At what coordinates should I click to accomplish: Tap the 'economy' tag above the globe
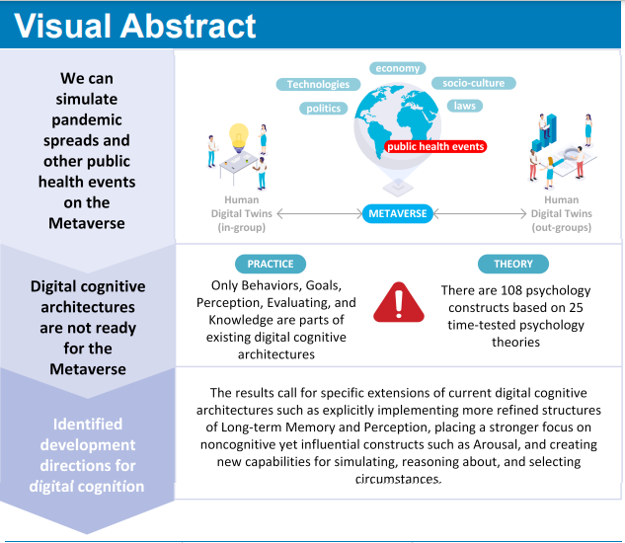tap(398, 68)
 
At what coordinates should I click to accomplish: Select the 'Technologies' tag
tap(318, 85)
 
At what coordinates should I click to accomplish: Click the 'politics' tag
tap(324, 109)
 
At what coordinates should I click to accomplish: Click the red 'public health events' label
tap(435, 146)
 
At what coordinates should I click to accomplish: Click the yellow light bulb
tap(237, 134)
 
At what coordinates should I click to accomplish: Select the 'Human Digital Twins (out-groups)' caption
tap(561, 213)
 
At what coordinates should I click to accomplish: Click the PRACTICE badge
tap(270, 264)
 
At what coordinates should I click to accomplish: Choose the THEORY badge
tap(512, 264)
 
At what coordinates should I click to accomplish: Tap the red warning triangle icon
tap(399, 302)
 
